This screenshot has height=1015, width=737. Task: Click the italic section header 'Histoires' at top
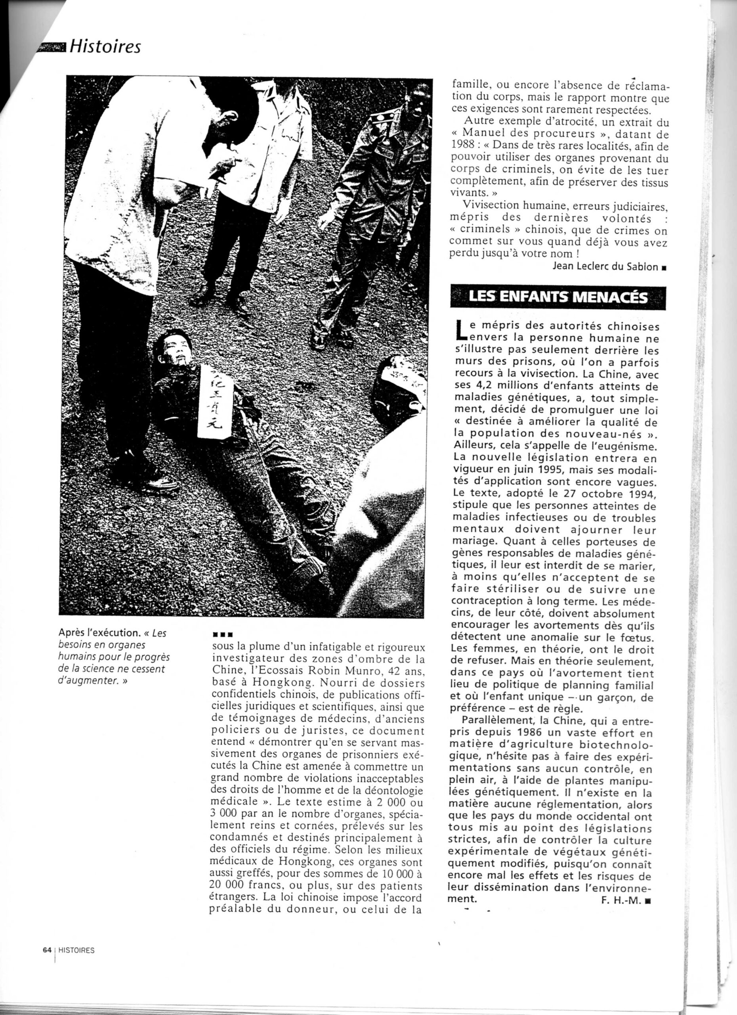(x=106, y=46)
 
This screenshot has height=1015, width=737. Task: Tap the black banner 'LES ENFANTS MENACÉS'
(x=557, y=297)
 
